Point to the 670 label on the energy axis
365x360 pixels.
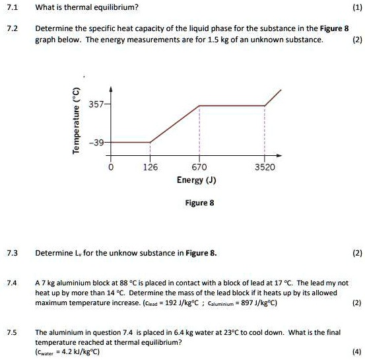(x=199, y=168)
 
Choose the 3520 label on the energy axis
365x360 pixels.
(x=265, y=168)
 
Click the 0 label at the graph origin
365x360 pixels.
(x=111, y=168)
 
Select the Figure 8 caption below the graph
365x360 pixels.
(x=201, y=203)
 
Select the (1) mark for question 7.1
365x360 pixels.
(x=356, y=8)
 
